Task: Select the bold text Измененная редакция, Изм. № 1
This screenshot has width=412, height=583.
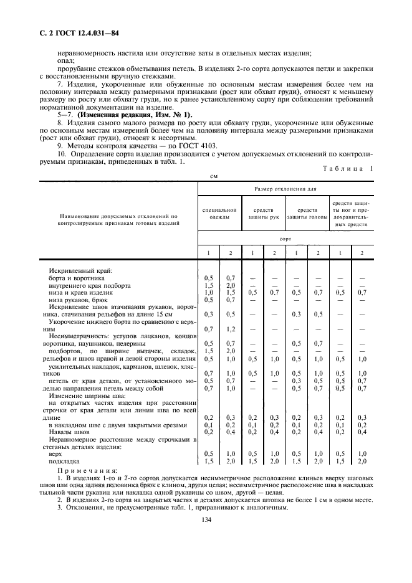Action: [122, 115]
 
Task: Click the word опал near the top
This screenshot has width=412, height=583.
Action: [64, 60]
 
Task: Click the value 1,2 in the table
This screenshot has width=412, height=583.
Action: [231, 329]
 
